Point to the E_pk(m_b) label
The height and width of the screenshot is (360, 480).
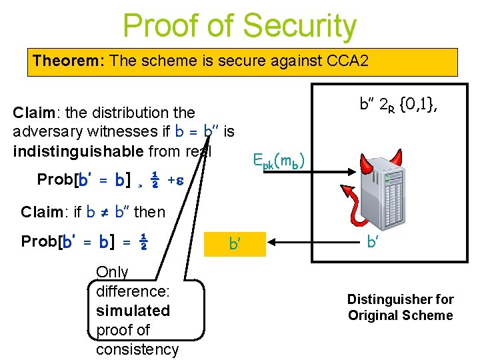point(279,161)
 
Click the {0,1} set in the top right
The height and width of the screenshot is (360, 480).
point(417,104)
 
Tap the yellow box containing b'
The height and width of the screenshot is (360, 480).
point(235,244)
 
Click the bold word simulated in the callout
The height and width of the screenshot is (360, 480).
point(133,311)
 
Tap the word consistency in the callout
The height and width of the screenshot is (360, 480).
point(137,349)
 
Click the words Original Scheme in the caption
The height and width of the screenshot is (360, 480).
point(400,315)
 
